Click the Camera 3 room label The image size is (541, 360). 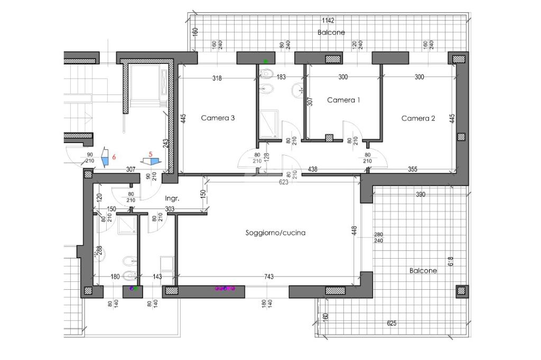point(218,118)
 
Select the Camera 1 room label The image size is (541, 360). point(343,100)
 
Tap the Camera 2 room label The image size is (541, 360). point(418,118)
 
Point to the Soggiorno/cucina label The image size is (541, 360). point(275,233)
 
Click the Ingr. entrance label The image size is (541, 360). point(172,198)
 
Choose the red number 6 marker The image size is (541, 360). point(114,157)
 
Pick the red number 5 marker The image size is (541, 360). point(151,154)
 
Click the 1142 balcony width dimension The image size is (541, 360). point(328,21)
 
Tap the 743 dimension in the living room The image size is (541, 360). point(269,277)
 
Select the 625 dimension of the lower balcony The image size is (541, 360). point(391,324)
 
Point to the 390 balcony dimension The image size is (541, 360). point(421,194)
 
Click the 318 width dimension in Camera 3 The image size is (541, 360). point(217,78)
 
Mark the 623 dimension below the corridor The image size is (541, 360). point(283,182)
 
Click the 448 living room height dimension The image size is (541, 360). point(354,231)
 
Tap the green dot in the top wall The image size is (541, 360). point(266,61)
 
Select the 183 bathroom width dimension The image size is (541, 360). point(281,77)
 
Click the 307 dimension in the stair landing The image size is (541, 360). point(131,169)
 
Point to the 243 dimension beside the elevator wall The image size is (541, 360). point(165,144)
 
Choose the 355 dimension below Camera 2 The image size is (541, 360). point(413,169)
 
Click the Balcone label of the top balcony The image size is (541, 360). point(331,32)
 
